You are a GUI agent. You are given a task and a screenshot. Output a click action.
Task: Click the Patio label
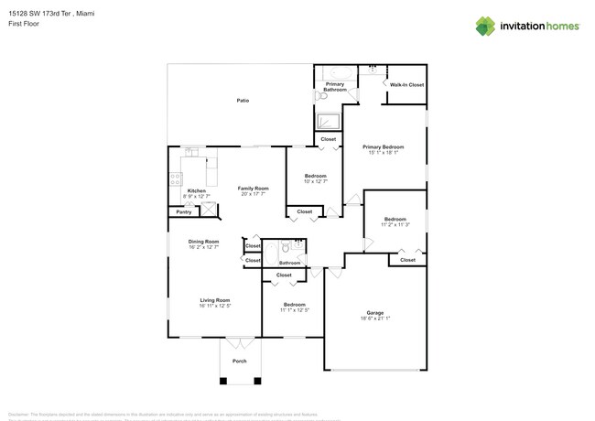[243, 100]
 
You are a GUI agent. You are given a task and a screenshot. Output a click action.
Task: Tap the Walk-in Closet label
[406, 84]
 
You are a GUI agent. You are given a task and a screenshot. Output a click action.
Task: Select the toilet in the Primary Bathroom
[319, 94]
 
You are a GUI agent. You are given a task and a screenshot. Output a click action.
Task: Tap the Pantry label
[183, 211]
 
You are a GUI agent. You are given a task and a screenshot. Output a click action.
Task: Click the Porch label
[239, 361]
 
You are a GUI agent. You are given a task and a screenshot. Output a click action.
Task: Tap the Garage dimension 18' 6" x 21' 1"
[375, 318]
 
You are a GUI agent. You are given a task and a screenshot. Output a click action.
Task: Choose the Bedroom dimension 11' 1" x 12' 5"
[294, 310]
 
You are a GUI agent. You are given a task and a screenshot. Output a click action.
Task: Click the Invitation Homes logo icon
[485, 27]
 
